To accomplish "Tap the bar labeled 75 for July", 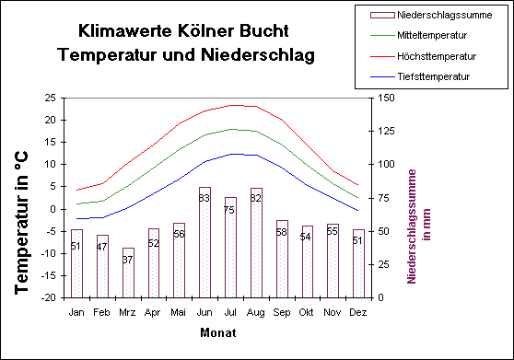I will pyautogui.click(x=230, y=248).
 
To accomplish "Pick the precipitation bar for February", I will pyautogui.click(x=102, y=266).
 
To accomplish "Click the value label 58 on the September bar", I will pyautogui.click(x=282, y=232).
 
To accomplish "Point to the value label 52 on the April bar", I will pyautogui.click(x=154, y=243).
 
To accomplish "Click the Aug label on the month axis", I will pyautogui.click(x=256, y=312).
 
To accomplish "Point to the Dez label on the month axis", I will pyautogui.click(x=358, y=312).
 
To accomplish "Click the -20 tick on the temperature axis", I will pyautogui.click(x=50, y=298).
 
